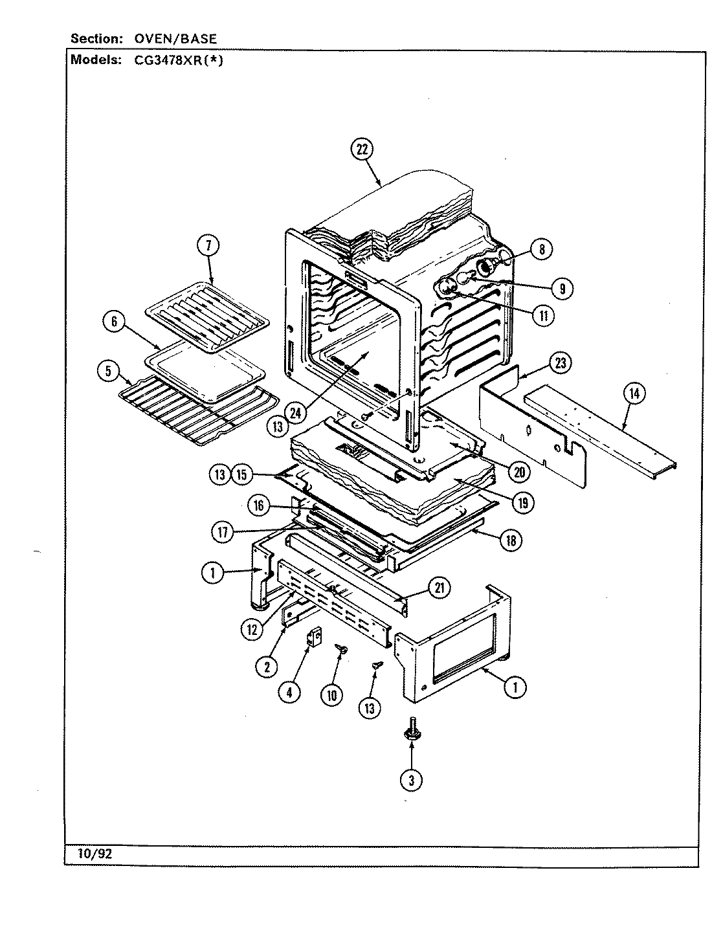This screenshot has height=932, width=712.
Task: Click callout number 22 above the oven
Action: click(x=361, y=150)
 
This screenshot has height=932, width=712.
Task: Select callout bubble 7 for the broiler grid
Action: click(x=208, y=245)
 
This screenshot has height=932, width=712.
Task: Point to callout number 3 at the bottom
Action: click(x=410, y=780)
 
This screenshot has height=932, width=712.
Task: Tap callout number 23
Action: click(x=560, y=363)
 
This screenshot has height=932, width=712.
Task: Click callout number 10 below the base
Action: click(x=331, y=695)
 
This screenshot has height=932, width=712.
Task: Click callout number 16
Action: click(x=259, y=505)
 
